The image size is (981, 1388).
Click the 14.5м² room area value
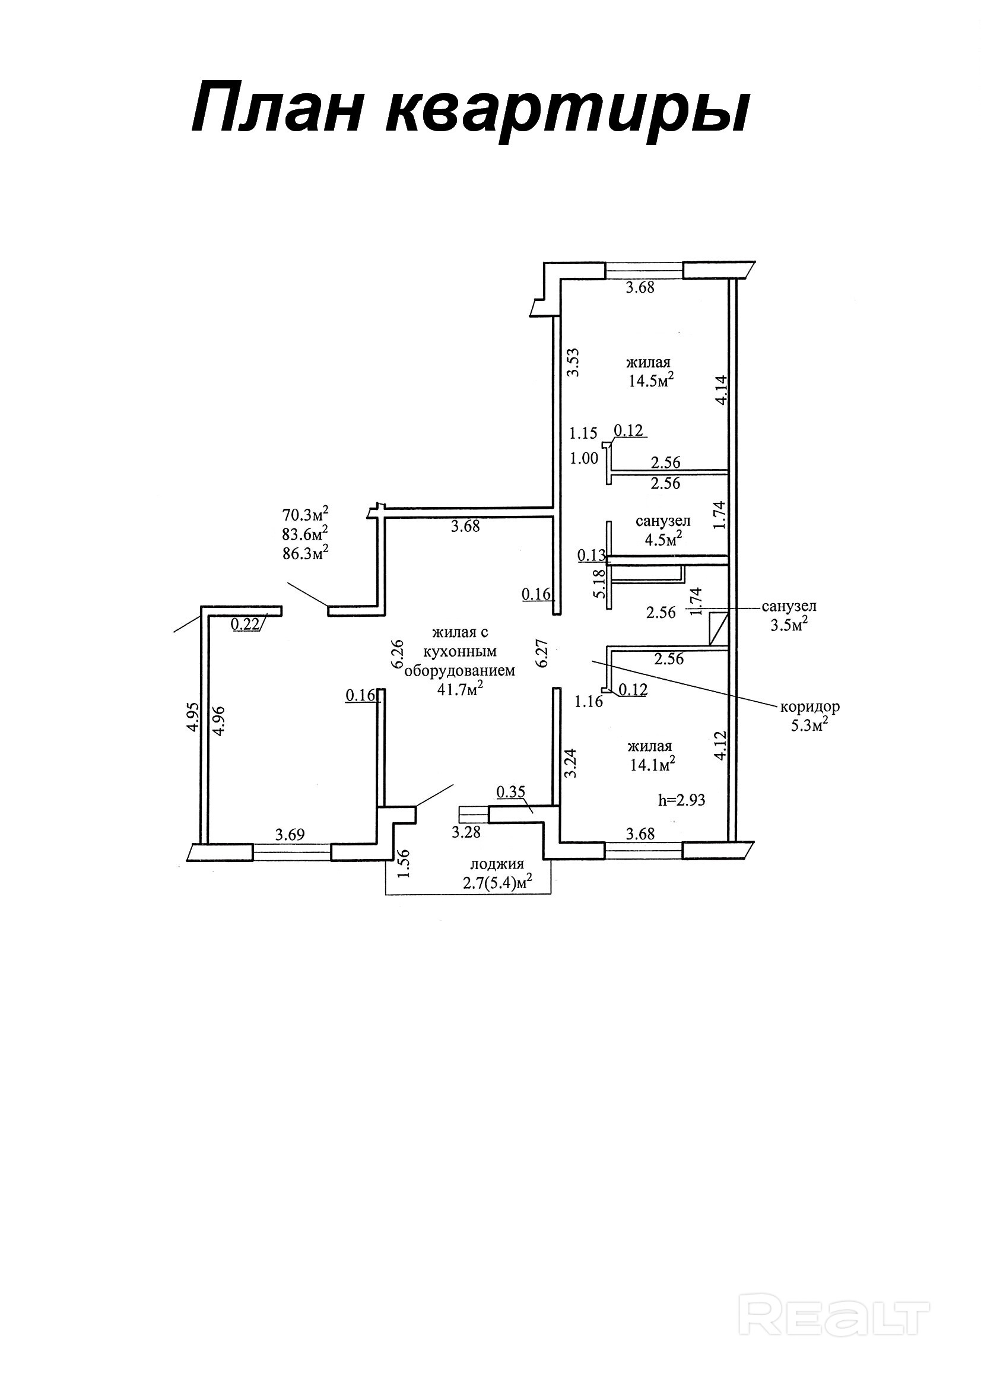pyautogui.click(x=651, y=381)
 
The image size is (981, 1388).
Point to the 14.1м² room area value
pyautogui.click(x=652, y=764)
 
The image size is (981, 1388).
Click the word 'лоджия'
pyautogui.click(x=497, y=864)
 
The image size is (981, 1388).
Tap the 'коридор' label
pyautogui.click(x=810, y=706)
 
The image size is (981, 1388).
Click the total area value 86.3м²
pyautogui.click(x=305, y=553)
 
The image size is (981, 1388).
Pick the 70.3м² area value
pyautogui.click(x=305, y=515)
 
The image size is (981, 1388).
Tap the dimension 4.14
pyautogui.click(x=722, y=391)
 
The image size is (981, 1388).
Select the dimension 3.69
pyautogui.click(x=290, y=835)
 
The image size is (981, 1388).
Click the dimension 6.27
pyautogui.click(x=542, y=654)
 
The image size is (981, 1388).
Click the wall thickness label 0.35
pyautogui.click(x=511, y=791)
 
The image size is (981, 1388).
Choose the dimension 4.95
pyautogui.click(x=192, y=717)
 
